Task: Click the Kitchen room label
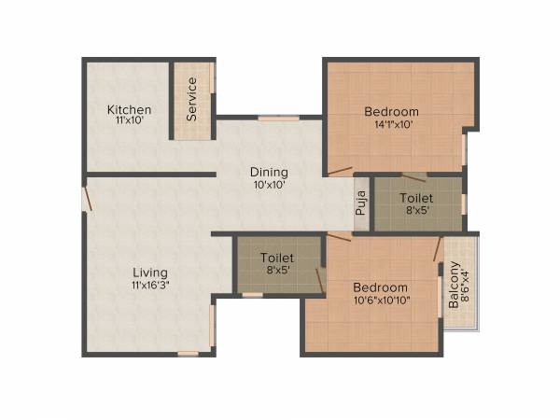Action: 129,110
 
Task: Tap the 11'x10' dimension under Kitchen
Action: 129,122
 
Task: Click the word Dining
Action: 268,172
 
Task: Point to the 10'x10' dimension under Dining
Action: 268,185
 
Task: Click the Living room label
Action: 149,273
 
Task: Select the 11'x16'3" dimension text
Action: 149,286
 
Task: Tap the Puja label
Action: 360,203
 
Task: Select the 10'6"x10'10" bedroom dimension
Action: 380,301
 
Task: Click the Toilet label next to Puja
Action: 416,198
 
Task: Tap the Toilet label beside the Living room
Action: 277,258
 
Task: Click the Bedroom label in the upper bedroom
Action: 391,111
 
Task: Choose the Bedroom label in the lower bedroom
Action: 380,287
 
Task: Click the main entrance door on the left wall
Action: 86,200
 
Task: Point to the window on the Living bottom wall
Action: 189,353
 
